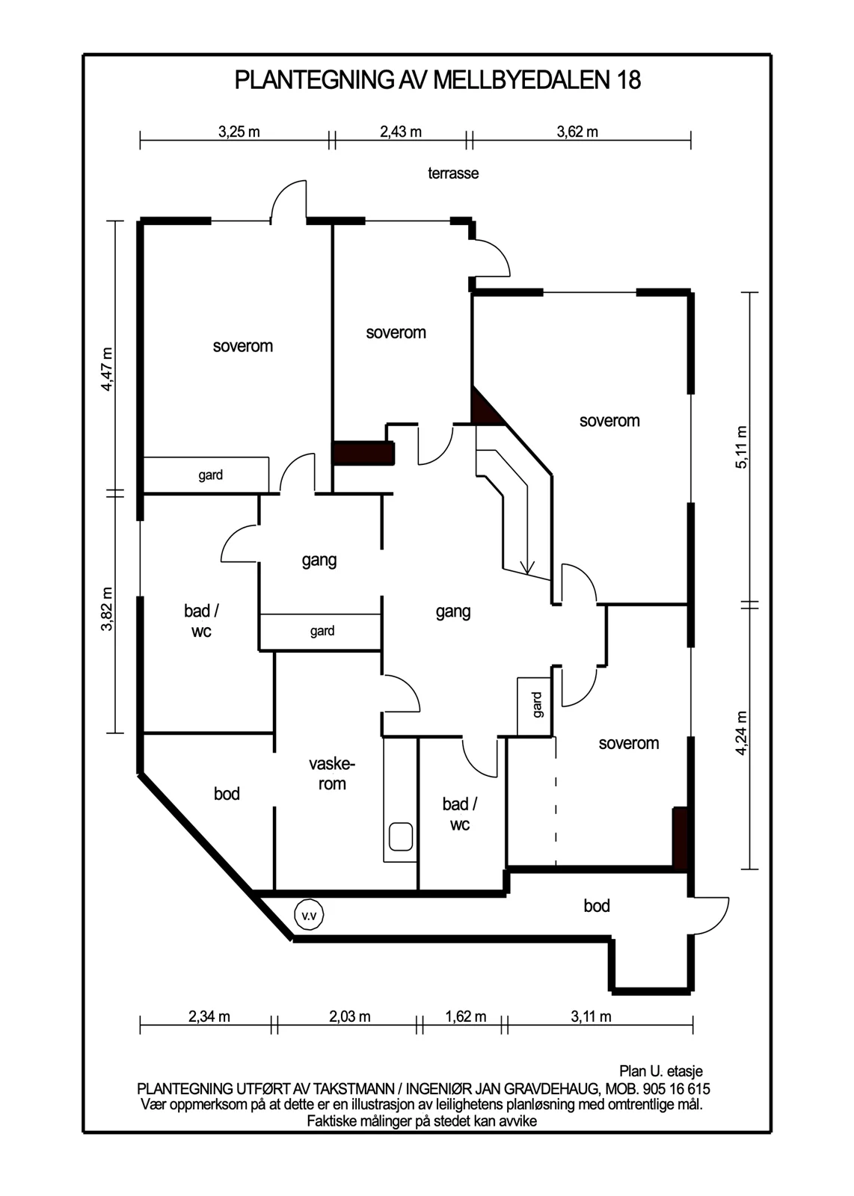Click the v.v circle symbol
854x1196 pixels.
tap(310, 916)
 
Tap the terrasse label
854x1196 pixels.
tap(453, 173)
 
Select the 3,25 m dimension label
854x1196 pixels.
tap(239, 132)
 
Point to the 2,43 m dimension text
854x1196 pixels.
tap(401, 132)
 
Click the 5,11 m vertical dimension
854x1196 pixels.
tap(741, 448)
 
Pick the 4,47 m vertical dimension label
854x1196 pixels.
tap(107, 369)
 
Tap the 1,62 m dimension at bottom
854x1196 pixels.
tap(466, 1017)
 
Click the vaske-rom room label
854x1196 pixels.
tap(332, 774)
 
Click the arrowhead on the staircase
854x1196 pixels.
tap(527, 568)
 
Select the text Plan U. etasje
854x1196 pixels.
tap(660, 1071)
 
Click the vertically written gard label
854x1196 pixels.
tap(537, 705)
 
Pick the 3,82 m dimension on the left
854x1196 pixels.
tap(107, 609)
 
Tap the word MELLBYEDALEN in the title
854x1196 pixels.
tap(522, 81)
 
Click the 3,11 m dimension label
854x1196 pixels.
tap(591, 1017)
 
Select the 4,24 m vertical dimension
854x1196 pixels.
tap(741, 733)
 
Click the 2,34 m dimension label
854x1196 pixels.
tap(209, 1017)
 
